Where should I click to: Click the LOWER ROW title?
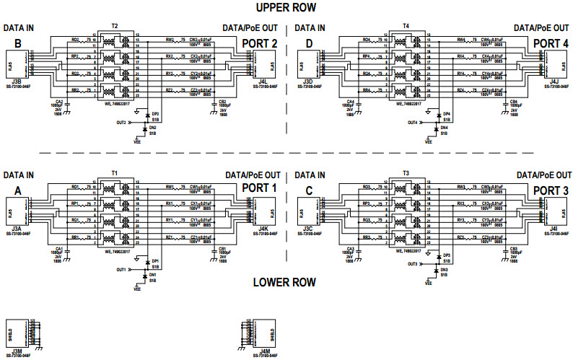click(284, 282)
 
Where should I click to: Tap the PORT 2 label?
click(259, 43)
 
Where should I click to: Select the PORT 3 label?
click(551, 190)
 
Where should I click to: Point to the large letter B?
click(17, 43)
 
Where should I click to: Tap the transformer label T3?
click(406, 174)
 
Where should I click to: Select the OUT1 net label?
click(121, 270)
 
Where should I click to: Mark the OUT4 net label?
click(412, 123)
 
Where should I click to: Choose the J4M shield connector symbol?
click(261, 334)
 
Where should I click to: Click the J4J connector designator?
click(554, 82)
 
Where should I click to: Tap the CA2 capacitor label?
click(59, 102)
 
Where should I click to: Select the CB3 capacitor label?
click(514, 249)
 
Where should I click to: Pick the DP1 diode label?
click(155, 261)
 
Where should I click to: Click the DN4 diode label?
click(445, 128)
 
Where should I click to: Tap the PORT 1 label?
click(259, 190)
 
